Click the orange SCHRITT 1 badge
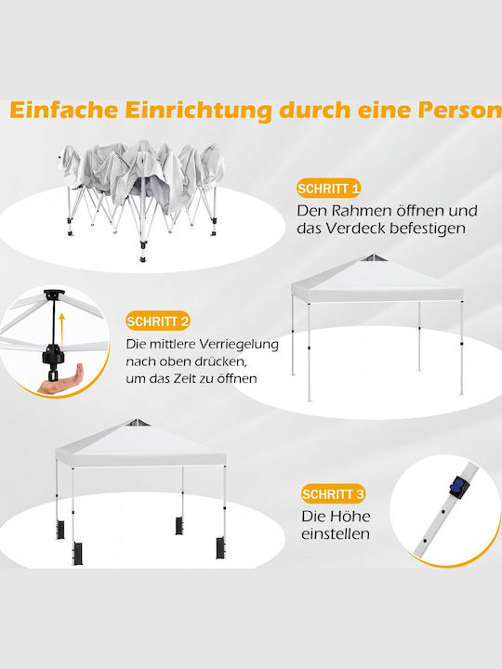pyautogui.click(x=328, y=188)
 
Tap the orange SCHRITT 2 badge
pyautogui.click(x=157, y=321)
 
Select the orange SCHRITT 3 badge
pyautogui.click(x=334, y=493)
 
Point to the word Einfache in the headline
pyautogui.click(x=63, y=110)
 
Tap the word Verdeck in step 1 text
pyautogui.click(x=356, y=229)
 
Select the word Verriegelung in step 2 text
pyautogui.click(x=239, y=345)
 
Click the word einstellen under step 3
pyautogui.click(x=336, y=533)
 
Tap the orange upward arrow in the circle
pyautogui.click(x=62, y=329)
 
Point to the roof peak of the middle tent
pyautogui.click(x=373, y=256)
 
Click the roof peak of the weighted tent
pyautogui.click(x=136, y=422)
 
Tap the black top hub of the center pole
pyautogui.click(x=54, y=295)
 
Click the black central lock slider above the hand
pyautogui.click(x=53, y=355)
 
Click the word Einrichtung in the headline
pyautogui.click(x=199, y=111)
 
